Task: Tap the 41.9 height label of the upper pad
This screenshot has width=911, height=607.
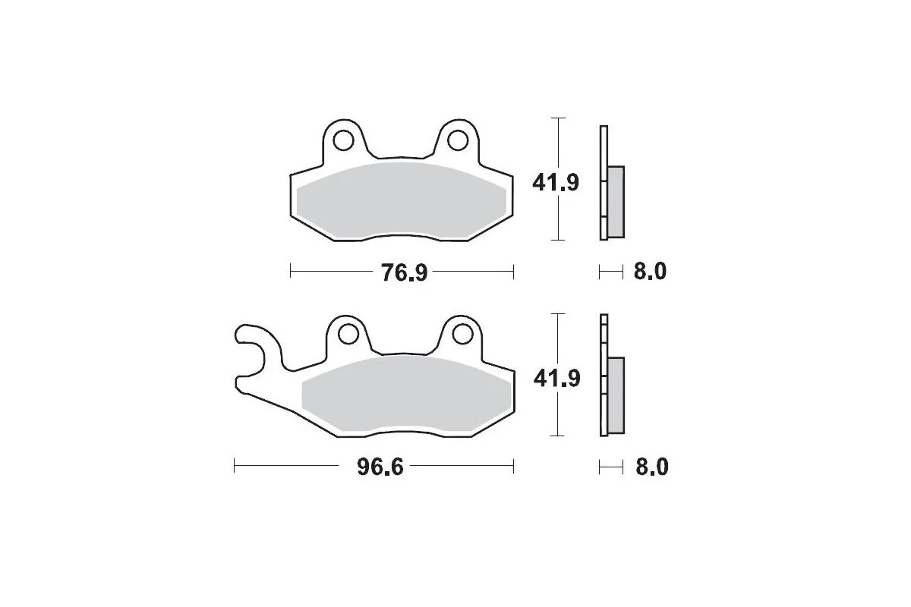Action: (556, 183)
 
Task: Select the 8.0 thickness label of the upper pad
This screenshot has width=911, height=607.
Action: (650, 272)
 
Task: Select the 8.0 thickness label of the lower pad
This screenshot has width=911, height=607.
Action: (650, 467)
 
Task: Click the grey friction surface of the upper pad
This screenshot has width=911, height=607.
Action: (402, 201)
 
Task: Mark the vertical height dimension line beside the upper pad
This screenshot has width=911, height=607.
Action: (559, 220)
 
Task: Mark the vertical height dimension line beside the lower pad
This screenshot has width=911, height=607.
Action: (559, 414)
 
